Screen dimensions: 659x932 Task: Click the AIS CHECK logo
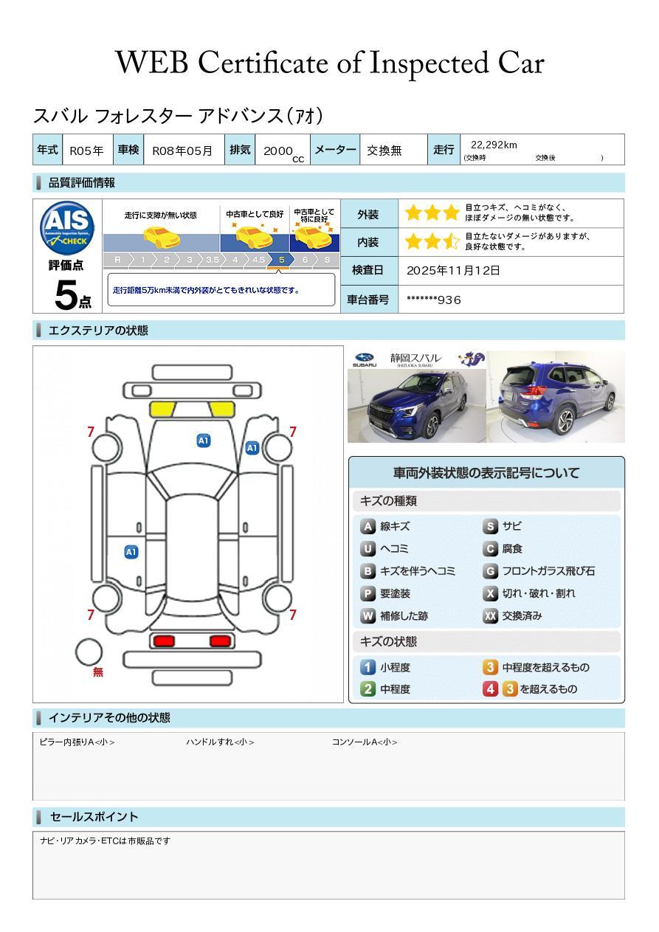(67, 227)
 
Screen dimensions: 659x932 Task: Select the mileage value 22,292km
(494, 145)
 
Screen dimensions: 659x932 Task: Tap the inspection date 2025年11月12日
(453, 271)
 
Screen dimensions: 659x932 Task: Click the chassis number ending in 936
(434, 300)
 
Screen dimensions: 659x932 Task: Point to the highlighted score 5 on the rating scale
(282, 260)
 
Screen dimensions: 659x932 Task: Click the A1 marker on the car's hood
(204, 441)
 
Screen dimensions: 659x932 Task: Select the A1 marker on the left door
(131, 552)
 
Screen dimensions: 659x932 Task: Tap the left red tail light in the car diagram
(164, 641)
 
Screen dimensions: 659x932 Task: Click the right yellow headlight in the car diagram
(221, 410)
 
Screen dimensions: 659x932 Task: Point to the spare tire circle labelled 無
(89, 652)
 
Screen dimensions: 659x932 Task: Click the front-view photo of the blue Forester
(416, 406)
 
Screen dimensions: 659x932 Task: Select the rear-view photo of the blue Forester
(556, 396)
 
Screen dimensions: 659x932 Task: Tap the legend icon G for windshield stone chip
(490, 571)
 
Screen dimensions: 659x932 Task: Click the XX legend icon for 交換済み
(490, 615)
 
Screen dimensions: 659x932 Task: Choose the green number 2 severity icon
(368, 689)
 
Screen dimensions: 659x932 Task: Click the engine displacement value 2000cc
(283, 152)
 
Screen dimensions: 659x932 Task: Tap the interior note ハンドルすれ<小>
(220, 742)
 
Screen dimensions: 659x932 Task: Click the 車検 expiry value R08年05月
(182, 151)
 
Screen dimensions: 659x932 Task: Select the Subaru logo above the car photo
(365, 359)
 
